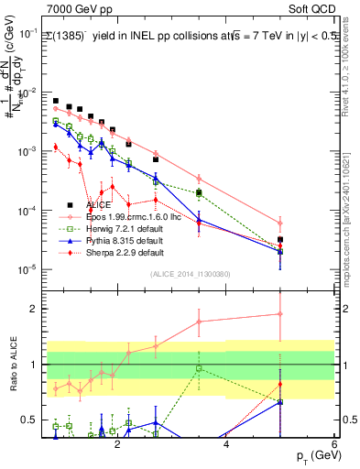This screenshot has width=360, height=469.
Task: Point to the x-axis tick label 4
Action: [225, 445]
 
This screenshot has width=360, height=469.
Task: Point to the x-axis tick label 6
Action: [334, 445]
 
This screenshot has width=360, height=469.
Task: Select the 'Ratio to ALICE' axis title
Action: [12, 365]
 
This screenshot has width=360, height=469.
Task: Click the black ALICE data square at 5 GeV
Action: [280, 240]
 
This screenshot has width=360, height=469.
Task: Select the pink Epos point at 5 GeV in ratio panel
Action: [280, 314]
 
